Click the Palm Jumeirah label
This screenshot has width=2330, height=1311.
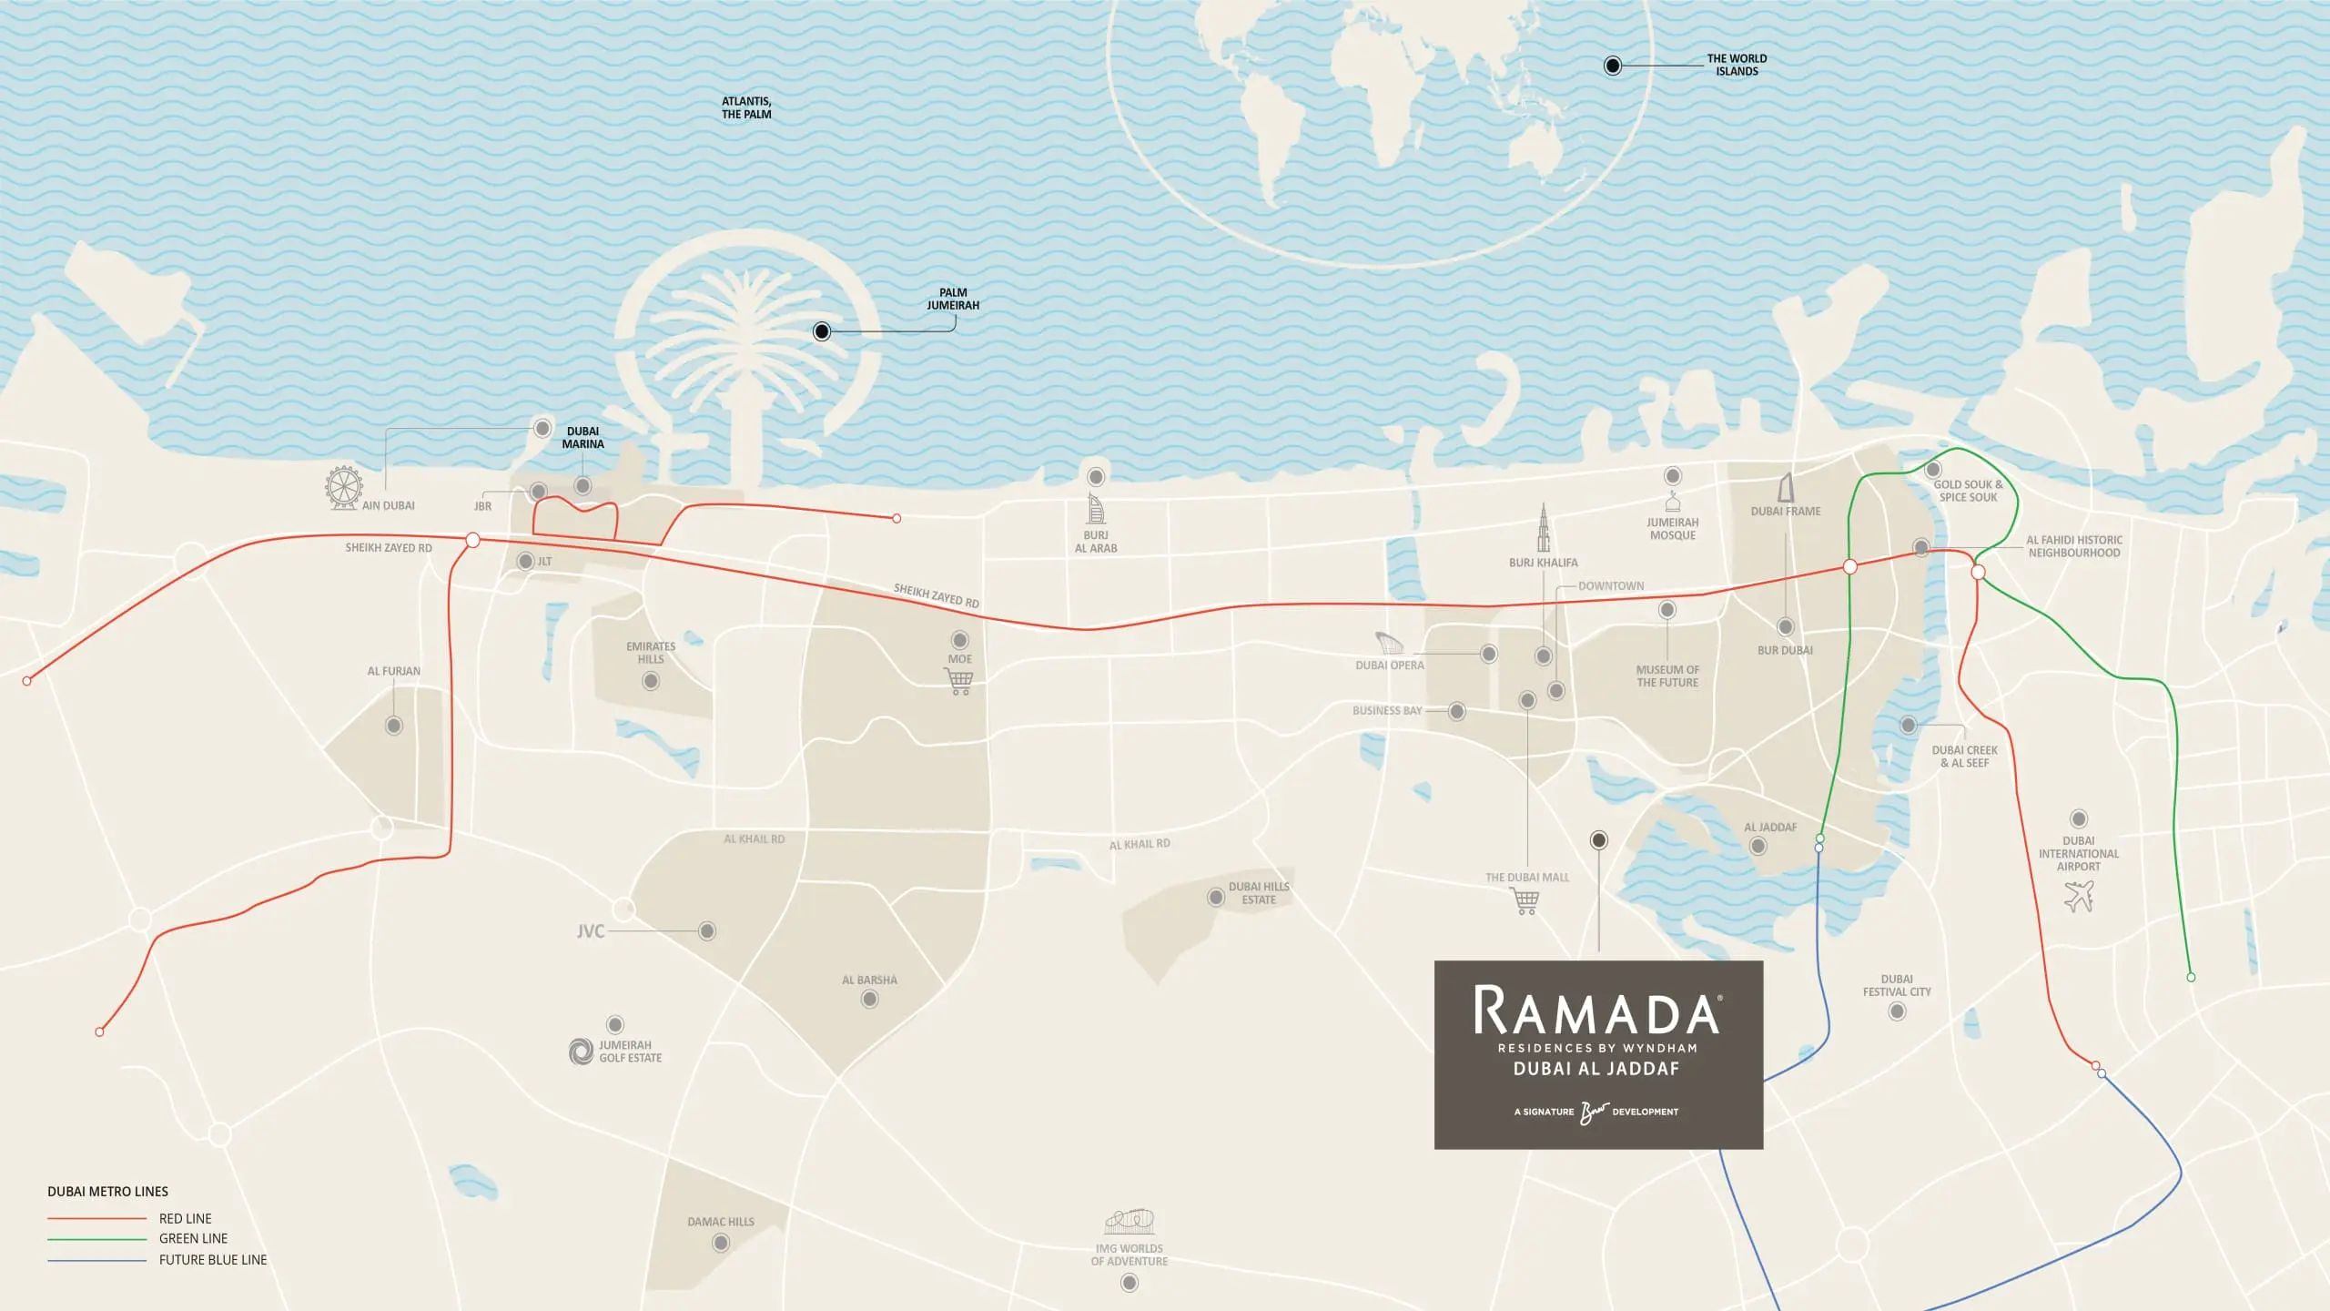tap(953, 300)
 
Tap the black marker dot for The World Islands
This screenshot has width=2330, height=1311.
tap(1613, 66)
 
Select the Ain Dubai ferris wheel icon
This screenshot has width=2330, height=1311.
tap(344, 488)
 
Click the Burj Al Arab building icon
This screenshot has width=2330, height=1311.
tap(1096, 509)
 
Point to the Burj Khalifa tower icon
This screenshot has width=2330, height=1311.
tap(1544, 528)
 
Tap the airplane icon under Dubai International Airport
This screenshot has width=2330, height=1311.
tap(2079, 897)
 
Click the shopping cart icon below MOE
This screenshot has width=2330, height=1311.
tap(959, 682)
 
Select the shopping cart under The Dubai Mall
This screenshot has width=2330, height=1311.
tap(1526, 901)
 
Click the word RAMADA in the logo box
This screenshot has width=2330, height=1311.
tap(1597, 1011)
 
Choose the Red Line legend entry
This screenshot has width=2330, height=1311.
tap(185, 1218)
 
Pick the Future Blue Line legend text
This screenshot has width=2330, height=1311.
tap(213, 1260)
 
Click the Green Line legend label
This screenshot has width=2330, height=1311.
tap(193, 1239)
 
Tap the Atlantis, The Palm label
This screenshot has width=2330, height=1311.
tap(746, 108)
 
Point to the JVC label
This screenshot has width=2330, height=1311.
tap(591, 931)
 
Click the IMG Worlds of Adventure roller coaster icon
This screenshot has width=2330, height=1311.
tap(1130, 1222)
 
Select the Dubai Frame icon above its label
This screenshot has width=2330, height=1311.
tap(1786, 488)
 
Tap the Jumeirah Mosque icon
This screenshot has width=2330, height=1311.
tap(1673, 503)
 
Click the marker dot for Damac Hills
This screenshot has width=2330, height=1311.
tap(721, 1243)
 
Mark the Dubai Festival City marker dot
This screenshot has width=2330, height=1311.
tap(1897, 1011)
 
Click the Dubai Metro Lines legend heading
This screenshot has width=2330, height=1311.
tap(107, 1192)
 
